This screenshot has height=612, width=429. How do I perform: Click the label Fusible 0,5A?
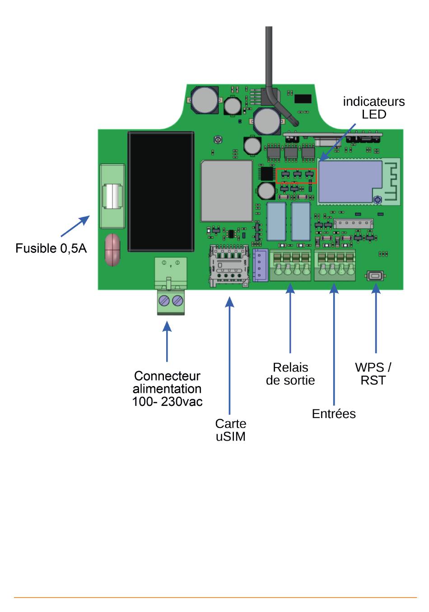[51, 248]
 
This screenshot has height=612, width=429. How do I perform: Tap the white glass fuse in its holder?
[112, 197]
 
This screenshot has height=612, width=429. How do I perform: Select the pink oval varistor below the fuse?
[112, 250]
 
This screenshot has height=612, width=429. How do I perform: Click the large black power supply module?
[161, 192]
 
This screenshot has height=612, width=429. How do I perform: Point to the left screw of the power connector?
[163, 301]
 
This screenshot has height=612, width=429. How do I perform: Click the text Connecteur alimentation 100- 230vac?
[167, 388]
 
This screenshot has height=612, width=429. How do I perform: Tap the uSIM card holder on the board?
[229, 266]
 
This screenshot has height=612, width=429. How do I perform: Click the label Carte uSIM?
[231, 430]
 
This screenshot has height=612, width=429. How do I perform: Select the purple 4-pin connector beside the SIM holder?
[260, 265]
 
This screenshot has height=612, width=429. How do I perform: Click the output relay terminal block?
[290, 265]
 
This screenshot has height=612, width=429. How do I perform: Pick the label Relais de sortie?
[290, 374]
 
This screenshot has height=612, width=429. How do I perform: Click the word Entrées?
[334, 414]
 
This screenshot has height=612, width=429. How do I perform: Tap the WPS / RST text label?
[373, 374]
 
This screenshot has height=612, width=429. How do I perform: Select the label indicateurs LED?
[374, 108]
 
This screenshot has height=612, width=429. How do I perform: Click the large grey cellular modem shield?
[227, 191]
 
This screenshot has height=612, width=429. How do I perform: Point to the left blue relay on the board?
[276, 221]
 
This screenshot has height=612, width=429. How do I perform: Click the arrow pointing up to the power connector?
[167, 341]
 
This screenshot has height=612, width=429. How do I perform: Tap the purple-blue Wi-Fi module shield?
[350, 182]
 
